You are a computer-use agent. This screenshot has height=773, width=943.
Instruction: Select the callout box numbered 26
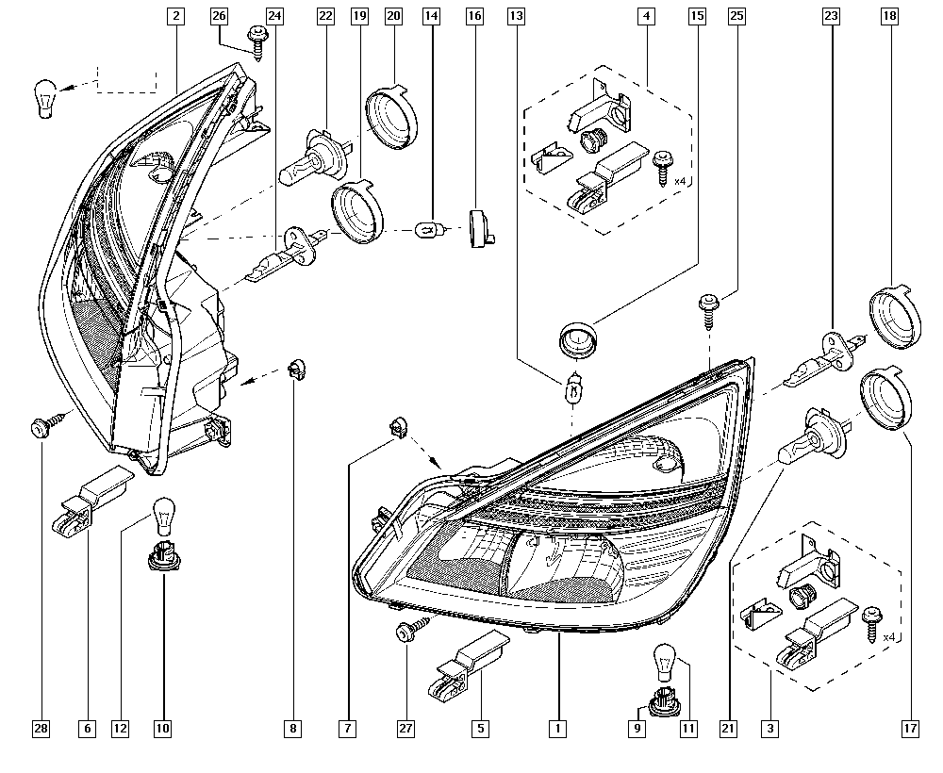(220, 16)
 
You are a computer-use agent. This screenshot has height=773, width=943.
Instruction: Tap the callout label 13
(516, 16)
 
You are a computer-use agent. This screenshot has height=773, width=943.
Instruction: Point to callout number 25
(737, 16)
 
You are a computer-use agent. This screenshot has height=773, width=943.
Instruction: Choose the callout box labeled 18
(889, 16)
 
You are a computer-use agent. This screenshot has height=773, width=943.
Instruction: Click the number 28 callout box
(41, 728)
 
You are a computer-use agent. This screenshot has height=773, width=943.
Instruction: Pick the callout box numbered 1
(558, 728)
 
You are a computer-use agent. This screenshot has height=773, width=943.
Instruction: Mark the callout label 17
(910, 728)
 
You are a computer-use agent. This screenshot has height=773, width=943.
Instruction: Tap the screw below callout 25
(708, 305)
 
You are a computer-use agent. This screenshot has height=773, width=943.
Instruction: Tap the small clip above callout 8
(295, 369)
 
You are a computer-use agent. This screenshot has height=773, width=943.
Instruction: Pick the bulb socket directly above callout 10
(161, 555)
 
